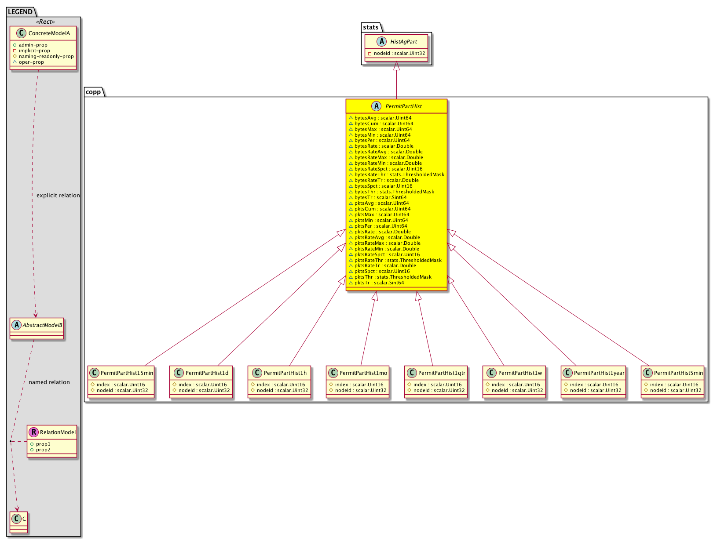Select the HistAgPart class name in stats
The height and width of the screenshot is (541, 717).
[403, 42]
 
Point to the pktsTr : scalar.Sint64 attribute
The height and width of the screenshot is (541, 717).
[376, 283]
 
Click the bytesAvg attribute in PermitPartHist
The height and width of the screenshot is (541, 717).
[380, 118]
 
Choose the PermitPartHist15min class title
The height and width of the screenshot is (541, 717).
[127, 373]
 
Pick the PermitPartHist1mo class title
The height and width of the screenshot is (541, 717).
[363, 373]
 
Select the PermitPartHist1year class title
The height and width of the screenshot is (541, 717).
[599, 373]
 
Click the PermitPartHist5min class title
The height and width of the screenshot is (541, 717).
[678, 373]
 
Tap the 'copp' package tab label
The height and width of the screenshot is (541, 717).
[93, 92]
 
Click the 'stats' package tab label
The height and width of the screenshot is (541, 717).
[371, 27]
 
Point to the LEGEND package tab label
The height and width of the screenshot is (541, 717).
[20, 12]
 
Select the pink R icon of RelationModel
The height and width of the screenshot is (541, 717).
[33, 432]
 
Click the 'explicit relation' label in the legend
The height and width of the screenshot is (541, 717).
[58, 196]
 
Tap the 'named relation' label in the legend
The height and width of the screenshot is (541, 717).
[49, 382]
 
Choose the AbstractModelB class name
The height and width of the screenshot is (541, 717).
[42, 325]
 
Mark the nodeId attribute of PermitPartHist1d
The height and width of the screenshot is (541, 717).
[201, 390]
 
